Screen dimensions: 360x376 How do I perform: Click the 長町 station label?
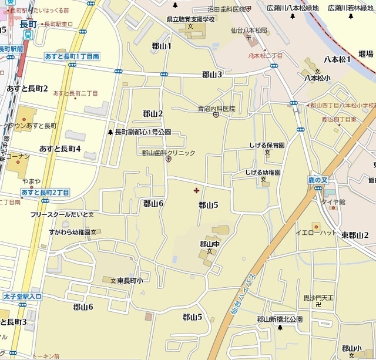tap(28, 24)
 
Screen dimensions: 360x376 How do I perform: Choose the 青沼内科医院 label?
tap(216, 109)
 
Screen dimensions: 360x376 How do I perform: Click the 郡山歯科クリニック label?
tap(168, 153)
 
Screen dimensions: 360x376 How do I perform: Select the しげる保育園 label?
tap(266, 145)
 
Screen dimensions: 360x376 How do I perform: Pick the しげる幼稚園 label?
tap(263, 173)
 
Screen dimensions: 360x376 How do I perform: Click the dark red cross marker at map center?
tap(196, 190)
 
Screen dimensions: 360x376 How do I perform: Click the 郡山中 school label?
tap(209, 244)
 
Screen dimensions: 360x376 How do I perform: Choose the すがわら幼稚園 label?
tap(73, 233)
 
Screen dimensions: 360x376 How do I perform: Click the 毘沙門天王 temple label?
tap(318, 298)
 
